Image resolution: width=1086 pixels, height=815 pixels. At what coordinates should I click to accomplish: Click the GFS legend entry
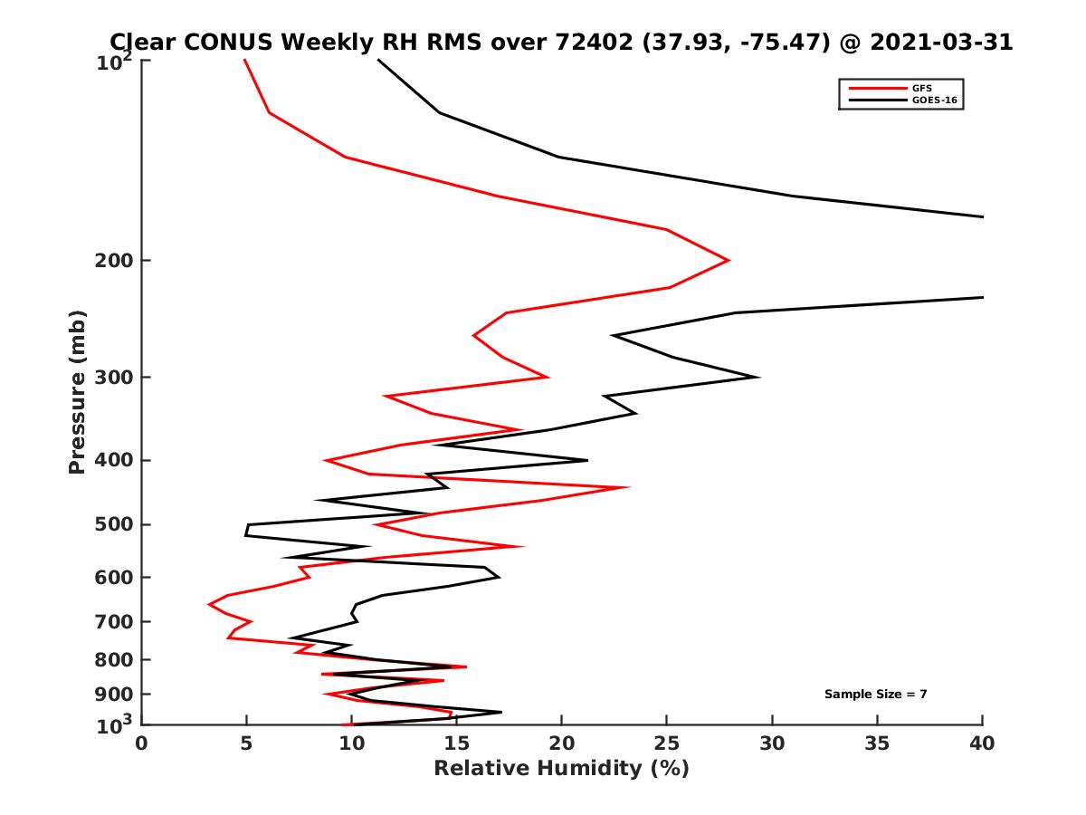(915, 88)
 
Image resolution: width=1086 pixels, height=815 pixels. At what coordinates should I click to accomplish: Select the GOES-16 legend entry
(932, 100)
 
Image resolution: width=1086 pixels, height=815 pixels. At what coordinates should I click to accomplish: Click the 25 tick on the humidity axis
(667, 743)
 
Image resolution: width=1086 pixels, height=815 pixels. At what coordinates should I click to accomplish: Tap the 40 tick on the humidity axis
(982, 743)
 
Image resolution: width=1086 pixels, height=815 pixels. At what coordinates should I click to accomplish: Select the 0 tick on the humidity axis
(142, 743)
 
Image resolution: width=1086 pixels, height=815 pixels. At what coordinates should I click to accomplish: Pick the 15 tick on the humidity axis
(457, 743)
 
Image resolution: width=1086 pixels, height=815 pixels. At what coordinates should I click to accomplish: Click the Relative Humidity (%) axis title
(561, 769)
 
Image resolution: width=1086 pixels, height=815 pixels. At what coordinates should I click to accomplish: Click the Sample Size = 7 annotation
(875, 695)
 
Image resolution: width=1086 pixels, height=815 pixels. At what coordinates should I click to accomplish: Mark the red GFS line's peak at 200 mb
(729, 261)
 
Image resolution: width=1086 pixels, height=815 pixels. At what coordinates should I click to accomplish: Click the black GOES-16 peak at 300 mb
(758, 377)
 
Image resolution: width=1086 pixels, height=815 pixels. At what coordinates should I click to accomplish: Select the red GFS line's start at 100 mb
(244, 60)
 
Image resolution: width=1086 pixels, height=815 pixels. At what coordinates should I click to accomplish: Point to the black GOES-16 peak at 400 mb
(587, 460)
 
